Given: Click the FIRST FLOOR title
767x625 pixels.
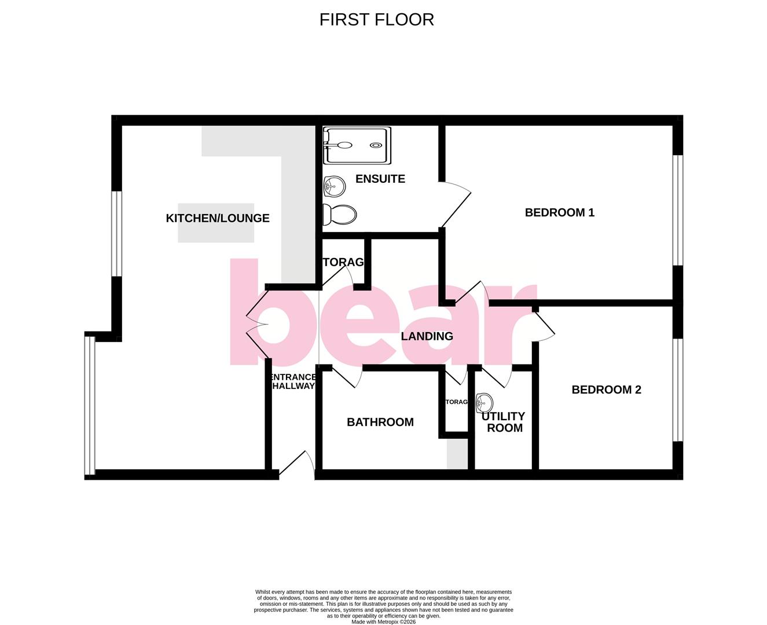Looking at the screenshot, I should coord(376,20).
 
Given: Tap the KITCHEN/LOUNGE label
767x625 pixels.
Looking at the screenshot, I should coord(218,218).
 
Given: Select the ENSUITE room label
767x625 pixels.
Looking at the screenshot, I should coord(380,179).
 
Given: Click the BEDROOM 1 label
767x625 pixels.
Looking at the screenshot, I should coord(559,212).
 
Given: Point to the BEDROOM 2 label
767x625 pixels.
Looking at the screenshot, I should coord(606,389).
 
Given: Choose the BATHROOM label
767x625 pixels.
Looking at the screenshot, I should coord(380,422).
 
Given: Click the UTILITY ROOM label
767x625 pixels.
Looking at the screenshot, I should coord(504,422).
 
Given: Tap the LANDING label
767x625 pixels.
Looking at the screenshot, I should coord(427,336).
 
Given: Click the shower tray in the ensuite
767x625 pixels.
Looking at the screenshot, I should coord(355,145).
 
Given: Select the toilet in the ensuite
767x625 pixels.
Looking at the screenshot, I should coord(339,215).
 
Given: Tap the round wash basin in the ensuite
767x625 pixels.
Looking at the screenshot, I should coord(333,186).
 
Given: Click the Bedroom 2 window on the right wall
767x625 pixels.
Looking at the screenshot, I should coord(677,390).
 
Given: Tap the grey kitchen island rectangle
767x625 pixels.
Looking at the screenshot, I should coord(215,223).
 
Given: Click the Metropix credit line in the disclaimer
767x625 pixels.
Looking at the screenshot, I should coord(383,622).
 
